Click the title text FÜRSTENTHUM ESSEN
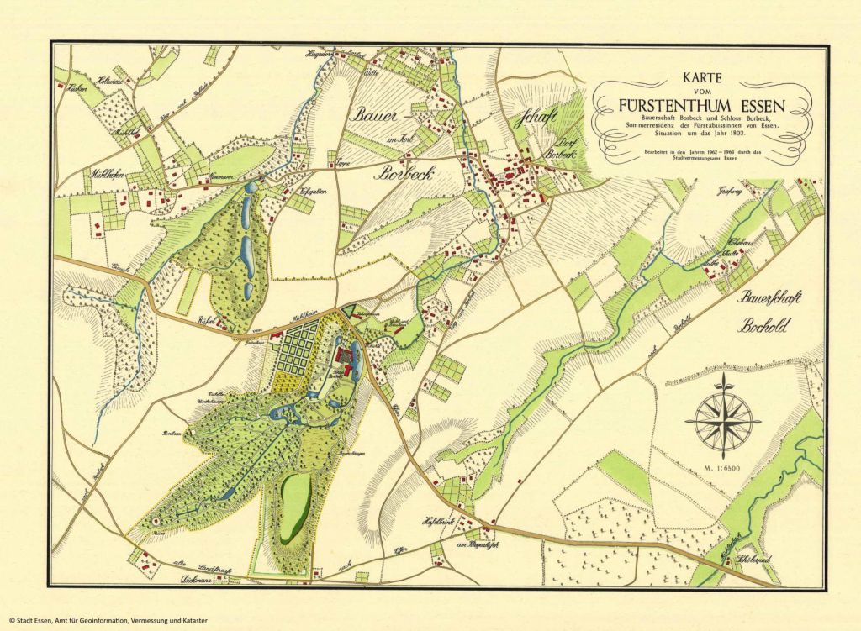pos(700,107)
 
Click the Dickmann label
pos(196,580)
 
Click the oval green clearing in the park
pos(296,507)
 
